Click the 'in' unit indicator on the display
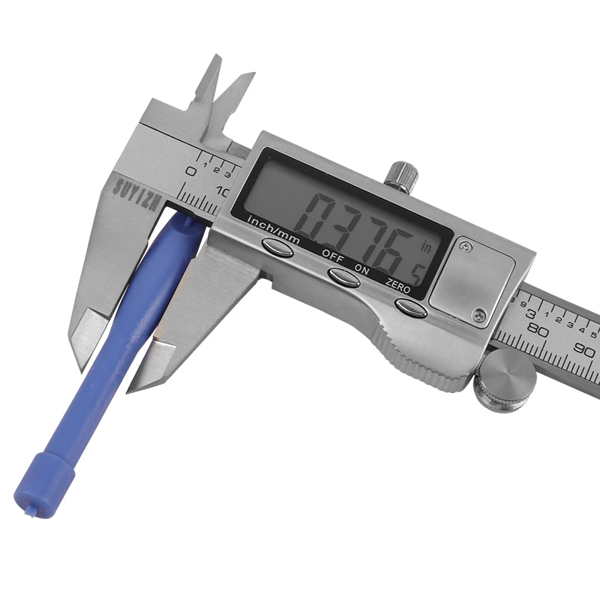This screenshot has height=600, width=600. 427,244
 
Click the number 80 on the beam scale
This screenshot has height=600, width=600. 538,328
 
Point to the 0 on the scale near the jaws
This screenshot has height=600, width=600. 191,172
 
